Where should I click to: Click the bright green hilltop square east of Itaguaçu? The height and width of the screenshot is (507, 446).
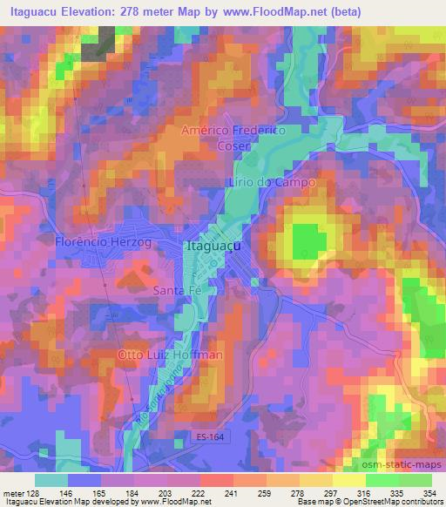305,238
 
